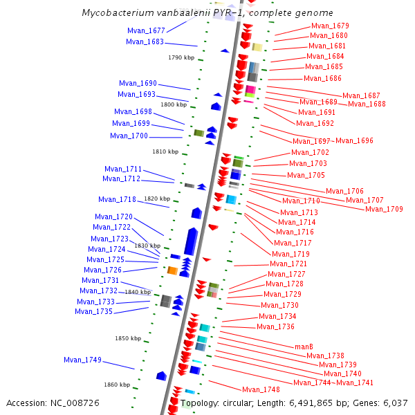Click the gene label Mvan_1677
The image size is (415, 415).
pos(146,30)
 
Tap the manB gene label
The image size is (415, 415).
pos(304,346)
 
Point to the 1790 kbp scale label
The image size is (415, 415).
pos(181,57)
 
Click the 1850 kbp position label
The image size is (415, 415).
pos(127,338)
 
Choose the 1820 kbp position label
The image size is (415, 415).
pos(157,199)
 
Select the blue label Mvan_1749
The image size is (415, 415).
pos(82,360)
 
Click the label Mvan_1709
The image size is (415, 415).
pos(384,209)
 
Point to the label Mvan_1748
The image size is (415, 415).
pos(261,389)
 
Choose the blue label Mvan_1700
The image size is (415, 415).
pos(129,136)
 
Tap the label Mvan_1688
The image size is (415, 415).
pos(367,104)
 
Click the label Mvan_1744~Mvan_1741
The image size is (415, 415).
pos(333,382)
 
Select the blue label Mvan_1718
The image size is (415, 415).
pos(117,199)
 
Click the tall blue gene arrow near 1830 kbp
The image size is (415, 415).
pos(192,241)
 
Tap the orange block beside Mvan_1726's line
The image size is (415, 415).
pos(172,270)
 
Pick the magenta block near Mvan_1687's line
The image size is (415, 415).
pos(250,90)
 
